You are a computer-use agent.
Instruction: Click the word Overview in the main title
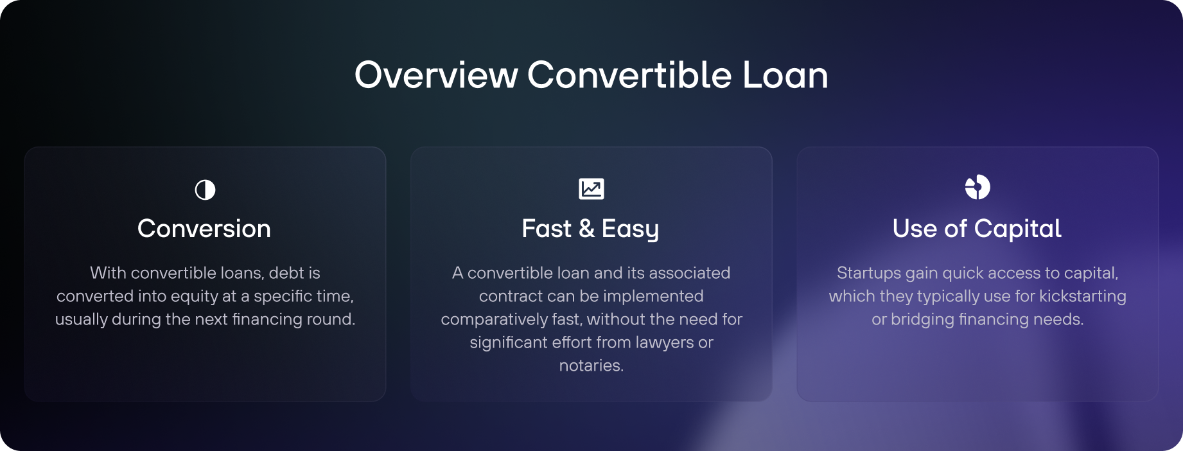(x=436, y=75)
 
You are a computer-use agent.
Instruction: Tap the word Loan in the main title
(x=785, y=75)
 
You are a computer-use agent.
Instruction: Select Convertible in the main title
(x=629, y=75)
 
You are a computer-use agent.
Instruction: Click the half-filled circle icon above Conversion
(x=205, y=190)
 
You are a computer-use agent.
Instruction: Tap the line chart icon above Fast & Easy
(x=591, y=189)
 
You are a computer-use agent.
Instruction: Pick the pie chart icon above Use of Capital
(x=977, y=188)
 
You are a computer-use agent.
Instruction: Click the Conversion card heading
(x=204, y=229)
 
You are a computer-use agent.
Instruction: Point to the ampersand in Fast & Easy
(x=586, y=229)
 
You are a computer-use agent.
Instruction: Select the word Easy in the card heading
(x=630, y=229)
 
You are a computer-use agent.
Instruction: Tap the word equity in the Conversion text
(x=194, y=297)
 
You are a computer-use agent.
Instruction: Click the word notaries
(x=591, y=366)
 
